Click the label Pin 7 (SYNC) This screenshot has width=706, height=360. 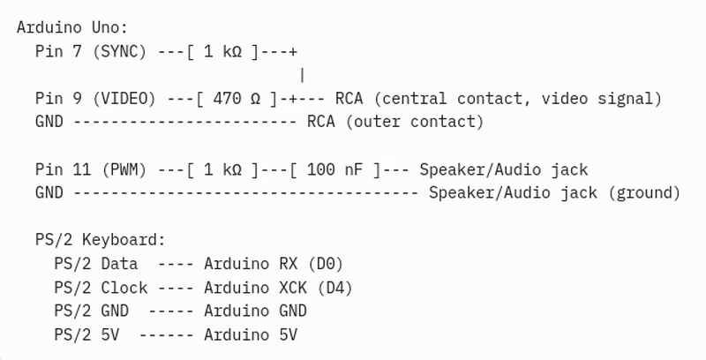tap(91, 51)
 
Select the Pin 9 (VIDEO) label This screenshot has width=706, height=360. tap(95, 98)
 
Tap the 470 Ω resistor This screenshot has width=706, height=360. tap(237, 98)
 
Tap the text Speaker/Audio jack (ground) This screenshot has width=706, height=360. tap(554, 192)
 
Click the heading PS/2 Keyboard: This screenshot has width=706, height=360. tap(100, 239)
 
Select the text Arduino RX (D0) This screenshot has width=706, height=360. tap(274, 263)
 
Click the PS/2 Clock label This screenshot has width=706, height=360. tap(100, 287)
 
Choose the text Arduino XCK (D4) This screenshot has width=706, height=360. tap(278, 287)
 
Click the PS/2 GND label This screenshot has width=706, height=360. tap(91, 311)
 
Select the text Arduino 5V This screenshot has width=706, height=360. tap(250, 334)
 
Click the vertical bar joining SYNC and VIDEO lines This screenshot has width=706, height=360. tap(303, 75)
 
